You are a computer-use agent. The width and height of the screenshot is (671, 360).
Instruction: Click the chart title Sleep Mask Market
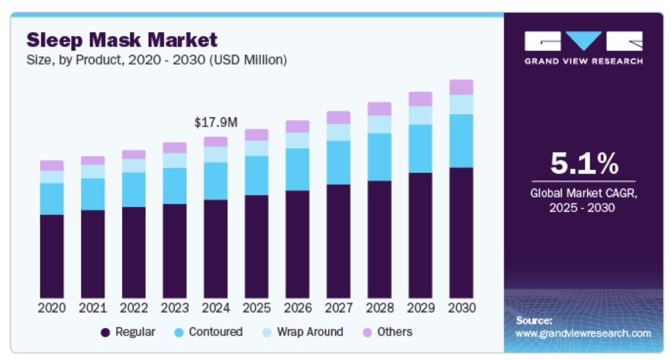122,40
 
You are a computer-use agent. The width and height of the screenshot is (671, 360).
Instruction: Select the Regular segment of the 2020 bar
52,256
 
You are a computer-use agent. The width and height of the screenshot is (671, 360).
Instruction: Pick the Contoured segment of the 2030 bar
461,141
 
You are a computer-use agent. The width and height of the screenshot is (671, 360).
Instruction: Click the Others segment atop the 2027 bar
338,117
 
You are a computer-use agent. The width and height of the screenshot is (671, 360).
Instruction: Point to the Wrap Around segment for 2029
420,115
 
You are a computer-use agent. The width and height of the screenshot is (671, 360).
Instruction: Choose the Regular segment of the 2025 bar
256,247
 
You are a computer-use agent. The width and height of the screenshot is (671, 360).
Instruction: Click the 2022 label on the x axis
134,307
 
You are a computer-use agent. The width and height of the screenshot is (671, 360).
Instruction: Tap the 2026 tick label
297,307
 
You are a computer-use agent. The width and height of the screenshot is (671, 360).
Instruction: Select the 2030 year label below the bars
461,307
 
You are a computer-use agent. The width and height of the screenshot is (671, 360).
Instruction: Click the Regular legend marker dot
105,333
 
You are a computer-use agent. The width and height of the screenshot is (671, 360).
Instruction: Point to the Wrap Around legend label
310,332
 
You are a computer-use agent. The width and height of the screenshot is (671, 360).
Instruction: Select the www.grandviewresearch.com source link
583,333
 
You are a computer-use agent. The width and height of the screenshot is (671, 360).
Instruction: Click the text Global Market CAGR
583,194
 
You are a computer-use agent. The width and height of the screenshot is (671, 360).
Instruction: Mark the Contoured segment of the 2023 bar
175,186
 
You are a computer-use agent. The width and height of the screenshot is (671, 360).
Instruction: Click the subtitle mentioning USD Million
157,60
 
